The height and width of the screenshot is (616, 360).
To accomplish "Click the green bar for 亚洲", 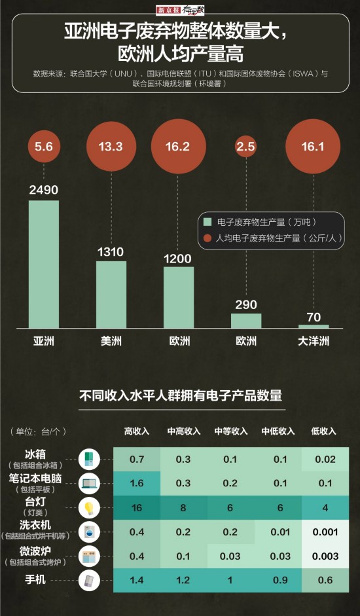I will tap(44, 263).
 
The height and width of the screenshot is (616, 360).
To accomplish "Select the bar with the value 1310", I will tap(111, 294).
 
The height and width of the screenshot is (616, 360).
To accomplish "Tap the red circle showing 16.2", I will tap(178, 147).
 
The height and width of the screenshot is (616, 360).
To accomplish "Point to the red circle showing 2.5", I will tap(246, 147).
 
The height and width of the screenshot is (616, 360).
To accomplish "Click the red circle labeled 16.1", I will tap(314, 147).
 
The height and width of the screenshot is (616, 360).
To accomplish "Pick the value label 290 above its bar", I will tap(246, 304).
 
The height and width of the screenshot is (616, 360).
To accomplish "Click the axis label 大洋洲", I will tap(314, 341).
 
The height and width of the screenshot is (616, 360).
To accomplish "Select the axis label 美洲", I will tap(111, 341).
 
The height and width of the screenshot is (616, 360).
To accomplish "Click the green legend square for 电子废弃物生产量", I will tap(208, 223).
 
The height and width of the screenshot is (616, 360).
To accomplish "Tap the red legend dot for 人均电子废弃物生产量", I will tap(208, 238).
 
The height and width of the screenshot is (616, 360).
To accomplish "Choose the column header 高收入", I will tap(137, 431).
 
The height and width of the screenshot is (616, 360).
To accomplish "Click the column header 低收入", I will tap(323, 431).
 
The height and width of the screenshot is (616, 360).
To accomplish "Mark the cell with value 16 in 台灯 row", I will tap(137, 507).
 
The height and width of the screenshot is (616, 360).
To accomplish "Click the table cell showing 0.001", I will tap(325, 532).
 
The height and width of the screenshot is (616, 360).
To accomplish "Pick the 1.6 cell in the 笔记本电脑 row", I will tap(137, 483).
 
